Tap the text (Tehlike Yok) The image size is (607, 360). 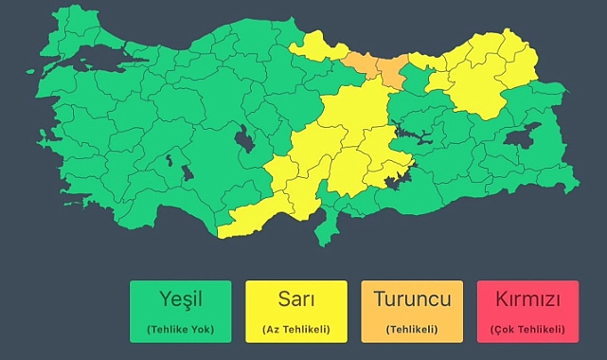coord(180,330)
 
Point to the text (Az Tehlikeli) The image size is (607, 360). coord(295,330)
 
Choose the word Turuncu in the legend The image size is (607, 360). coord(412,300)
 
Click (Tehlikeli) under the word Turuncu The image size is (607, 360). coord(412,330)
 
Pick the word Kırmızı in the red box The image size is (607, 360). coord(527,300)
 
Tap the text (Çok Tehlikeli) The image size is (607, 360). coord(527,330)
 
